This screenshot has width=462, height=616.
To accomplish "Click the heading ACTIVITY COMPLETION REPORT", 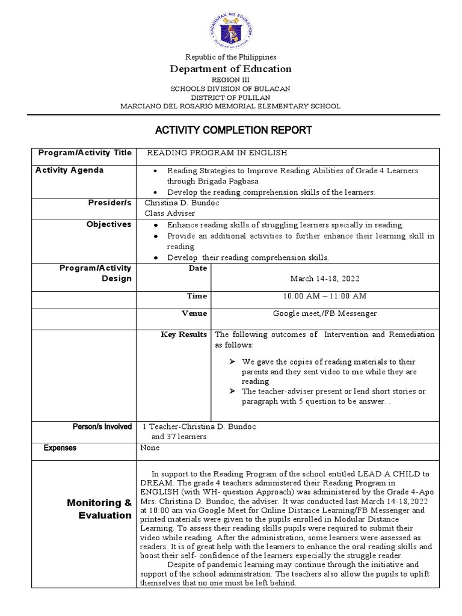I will (234, 130).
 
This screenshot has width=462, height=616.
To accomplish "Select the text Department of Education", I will (231, 69).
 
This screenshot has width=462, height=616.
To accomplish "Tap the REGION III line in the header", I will (230, 79).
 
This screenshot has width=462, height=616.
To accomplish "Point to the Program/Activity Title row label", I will (85, 153).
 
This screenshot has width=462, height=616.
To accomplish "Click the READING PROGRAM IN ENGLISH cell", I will (217, 153).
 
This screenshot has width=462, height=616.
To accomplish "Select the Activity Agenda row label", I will (70, 170).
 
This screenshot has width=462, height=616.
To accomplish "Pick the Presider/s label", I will (109, 203).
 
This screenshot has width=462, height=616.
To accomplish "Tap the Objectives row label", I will (109, 224).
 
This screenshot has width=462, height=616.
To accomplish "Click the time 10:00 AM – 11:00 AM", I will (324, 296).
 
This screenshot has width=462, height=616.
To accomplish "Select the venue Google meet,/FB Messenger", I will (325, 313).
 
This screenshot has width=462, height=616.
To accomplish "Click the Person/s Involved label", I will (102, 427).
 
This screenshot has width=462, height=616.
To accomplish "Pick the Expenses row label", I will (60, 448).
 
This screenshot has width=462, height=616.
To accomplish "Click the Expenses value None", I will (150, 448).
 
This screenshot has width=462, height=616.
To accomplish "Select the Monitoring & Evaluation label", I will (99, 509).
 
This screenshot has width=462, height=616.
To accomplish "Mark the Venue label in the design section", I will (194, 313).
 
